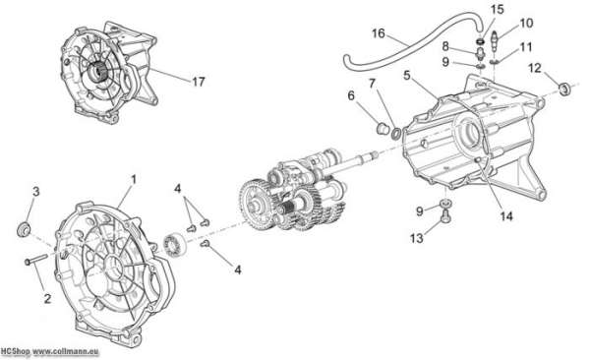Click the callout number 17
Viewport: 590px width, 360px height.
[199, 82]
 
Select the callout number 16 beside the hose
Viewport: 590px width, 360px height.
[379, 33]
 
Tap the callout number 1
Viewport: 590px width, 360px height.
[133, 179]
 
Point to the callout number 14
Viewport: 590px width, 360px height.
[506, 216]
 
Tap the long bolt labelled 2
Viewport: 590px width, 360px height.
[36, 259]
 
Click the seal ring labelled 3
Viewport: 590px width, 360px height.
[25, 229]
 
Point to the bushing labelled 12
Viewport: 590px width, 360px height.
[564, 90]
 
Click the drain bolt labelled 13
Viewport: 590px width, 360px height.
[445, 216]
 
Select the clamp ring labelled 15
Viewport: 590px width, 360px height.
[481, 40]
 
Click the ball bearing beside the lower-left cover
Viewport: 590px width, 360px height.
[174, 245]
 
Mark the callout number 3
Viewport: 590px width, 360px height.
[35, 192]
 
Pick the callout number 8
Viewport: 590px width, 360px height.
[445, 46]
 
